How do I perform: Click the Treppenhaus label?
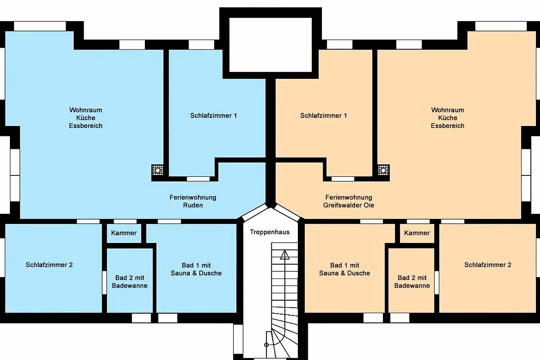(270, 232)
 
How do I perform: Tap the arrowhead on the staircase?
(285, 255)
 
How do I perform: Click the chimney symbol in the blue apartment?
(157, 170)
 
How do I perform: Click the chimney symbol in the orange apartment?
(383, 170)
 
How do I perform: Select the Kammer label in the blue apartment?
(124, 233)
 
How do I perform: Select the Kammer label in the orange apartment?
(417, 233)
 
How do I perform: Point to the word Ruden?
(193, 205)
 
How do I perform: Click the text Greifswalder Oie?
(349, 205)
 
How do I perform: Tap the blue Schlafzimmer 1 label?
(214, 116)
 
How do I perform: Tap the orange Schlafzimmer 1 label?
(324, 116)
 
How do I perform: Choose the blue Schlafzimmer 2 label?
(49, 265)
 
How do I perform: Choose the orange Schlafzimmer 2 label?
(488, 265)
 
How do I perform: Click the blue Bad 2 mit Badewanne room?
(130, 280)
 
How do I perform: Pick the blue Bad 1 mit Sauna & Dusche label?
(196, 270)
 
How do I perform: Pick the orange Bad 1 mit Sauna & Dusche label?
(345, 270)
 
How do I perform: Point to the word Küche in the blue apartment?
(85, 118)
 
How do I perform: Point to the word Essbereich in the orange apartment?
(447, 126)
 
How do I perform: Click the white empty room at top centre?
(270, 45)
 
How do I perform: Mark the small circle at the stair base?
(266, 345)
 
